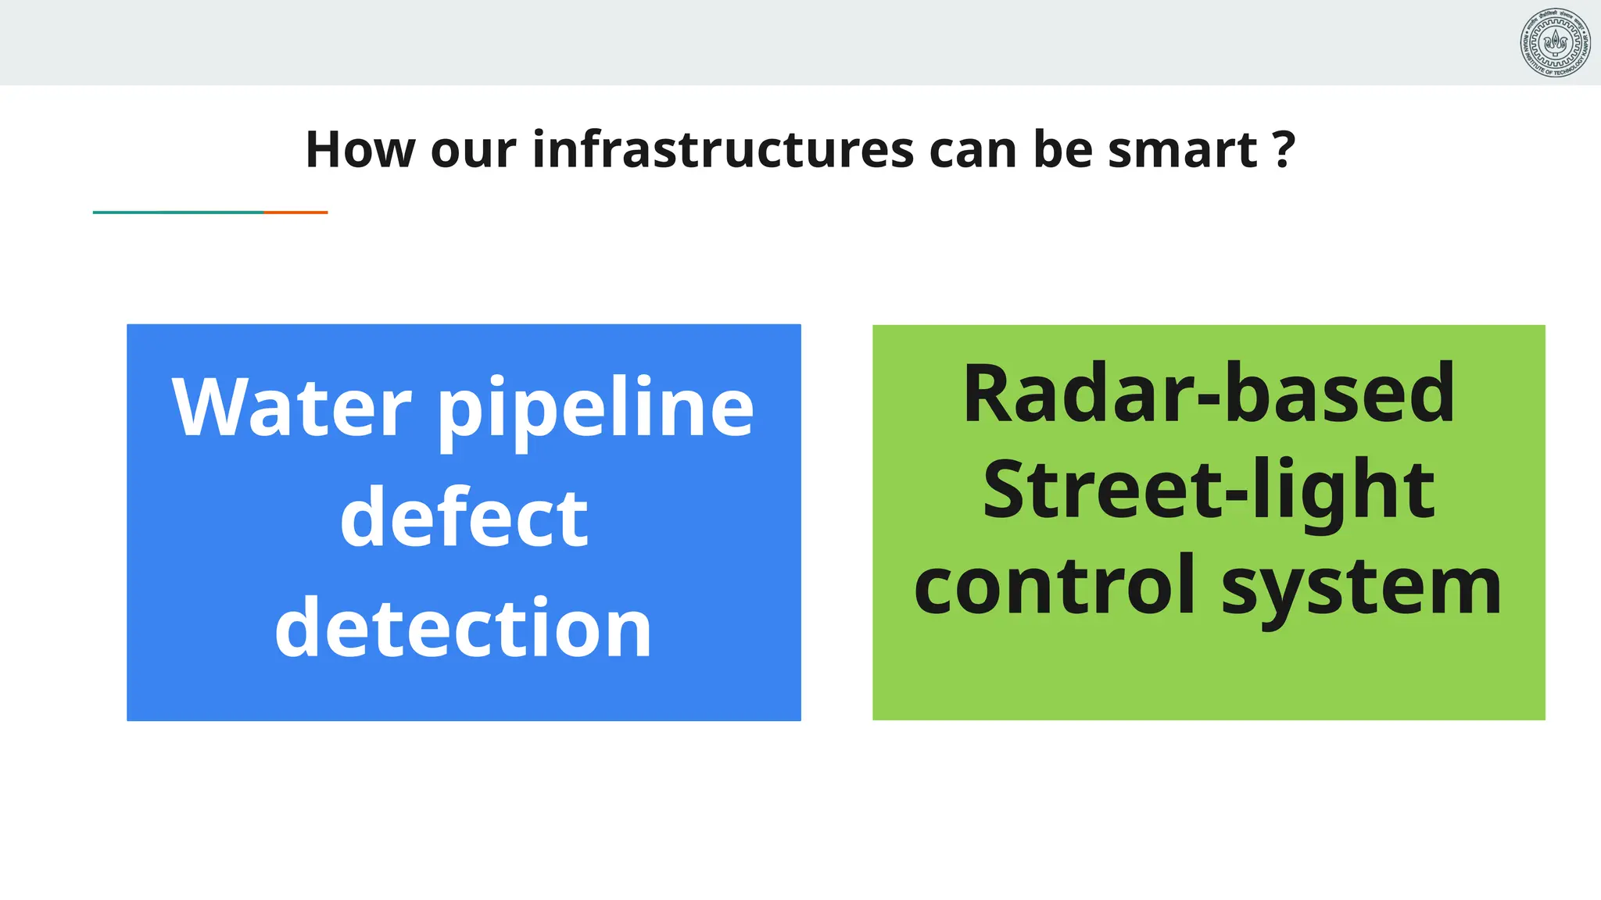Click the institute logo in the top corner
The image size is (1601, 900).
1555,43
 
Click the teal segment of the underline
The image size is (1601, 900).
178,212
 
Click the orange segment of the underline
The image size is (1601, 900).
295,212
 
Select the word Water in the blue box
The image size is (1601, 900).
291,408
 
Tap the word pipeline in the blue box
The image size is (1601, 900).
596,412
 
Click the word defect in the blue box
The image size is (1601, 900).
464,518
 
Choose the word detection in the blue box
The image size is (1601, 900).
464,628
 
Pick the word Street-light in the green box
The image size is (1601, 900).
1209,490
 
